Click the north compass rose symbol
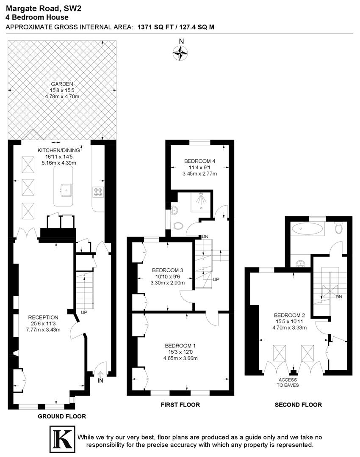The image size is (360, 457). point(181,52)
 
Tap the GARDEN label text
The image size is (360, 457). point(62,84)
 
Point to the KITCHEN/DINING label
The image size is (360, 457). point(58,150)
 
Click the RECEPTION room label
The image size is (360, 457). point(43,317)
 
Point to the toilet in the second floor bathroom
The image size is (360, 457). point(338,228)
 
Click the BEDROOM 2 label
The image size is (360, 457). point(289,315)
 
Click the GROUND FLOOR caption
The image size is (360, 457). point(62,416)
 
